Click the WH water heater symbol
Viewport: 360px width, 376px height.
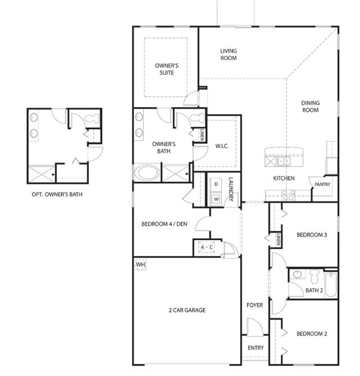click(140, 265)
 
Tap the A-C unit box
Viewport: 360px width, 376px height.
click(206, 247)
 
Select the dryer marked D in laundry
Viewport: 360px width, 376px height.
click(216, 184)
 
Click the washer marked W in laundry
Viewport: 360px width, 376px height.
click(216, 199)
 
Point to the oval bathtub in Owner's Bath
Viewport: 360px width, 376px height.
click(147, 173)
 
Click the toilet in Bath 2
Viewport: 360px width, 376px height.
click(314, 276)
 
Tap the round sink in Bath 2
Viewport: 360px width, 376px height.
click(298, 274)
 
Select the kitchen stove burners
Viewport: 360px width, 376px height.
click(289, 195)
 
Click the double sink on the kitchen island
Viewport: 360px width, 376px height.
click(284, 161)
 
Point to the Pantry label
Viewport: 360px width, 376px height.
click(322, 185)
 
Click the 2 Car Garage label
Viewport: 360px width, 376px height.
click(187, 310)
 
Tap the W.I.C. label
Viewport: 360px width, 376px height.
click(222, 146)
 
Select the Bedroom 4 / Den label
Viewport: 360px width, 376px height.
click(164, 224)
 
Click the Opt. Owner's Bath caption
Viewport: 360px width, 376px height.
click(57, 194)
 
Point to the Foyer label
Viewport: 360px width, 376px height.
click(255, 305)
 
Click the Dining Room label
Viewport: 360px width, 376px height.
click(310, 106)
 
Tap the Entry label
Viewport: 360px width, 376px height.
click(256, 348)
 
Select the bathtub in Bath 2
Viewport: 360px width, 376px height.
click(331, 284)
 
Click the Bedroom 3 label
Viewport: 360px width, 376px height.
click(312, 235)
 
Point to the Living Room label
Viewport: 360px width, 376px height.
click(228, 55)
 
